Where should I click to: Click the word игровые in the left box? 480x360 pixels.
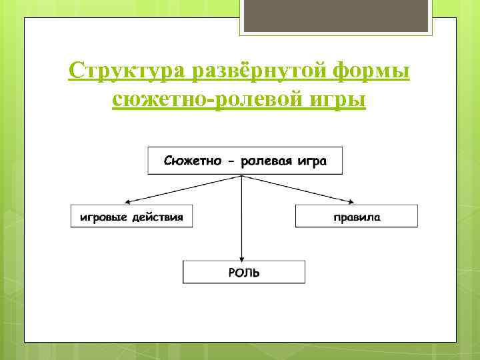point(103,217)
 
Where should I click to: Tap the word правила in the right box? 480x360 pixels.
point(357,217)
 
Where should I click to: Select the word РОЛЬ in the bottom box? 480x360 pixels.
point(244,272)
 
